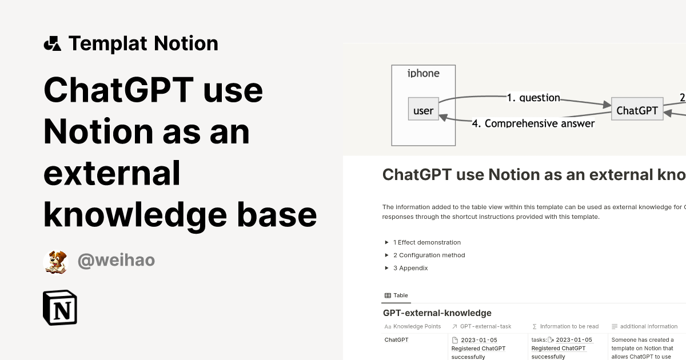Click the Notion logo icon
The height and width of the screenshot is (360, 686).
point(60,307)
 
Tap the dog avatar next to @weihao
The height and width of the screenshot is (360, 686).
point(55,261)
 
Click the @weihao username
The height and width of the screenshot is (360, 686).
point(116,261)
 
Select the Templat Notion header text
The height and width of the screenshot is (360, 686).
point(143,43)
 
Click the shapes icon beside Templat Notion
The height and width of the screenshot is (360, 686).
point(53,43)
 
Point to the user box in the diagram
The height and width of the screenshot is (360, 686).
point(423,110)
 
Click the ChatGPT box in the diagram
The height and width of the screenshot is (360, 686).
point(637,110)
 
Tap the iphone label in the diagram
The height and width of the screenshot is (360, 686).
point(424,73)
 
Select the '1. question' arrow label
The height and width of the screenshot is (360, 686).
point(533,98)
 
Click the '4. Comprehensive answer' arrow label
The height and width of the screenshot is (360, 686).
point(533,123)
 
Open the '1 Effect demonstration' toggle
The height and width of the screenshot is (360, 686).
point(426,242)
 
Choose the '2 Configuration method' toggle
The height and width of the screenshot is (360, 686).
point(429,255)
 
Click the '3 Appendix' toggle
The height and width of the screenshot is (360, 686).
point(410,268)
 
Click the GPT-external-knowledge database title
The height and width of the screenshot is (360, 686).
point(437,313)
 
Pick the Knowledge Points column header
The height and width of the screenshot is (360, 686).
point(417,326)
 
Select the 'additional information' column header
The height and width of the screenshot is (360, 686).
point(648,326)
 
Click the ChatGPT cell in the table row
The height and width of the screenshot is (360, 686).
point(397,340)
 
